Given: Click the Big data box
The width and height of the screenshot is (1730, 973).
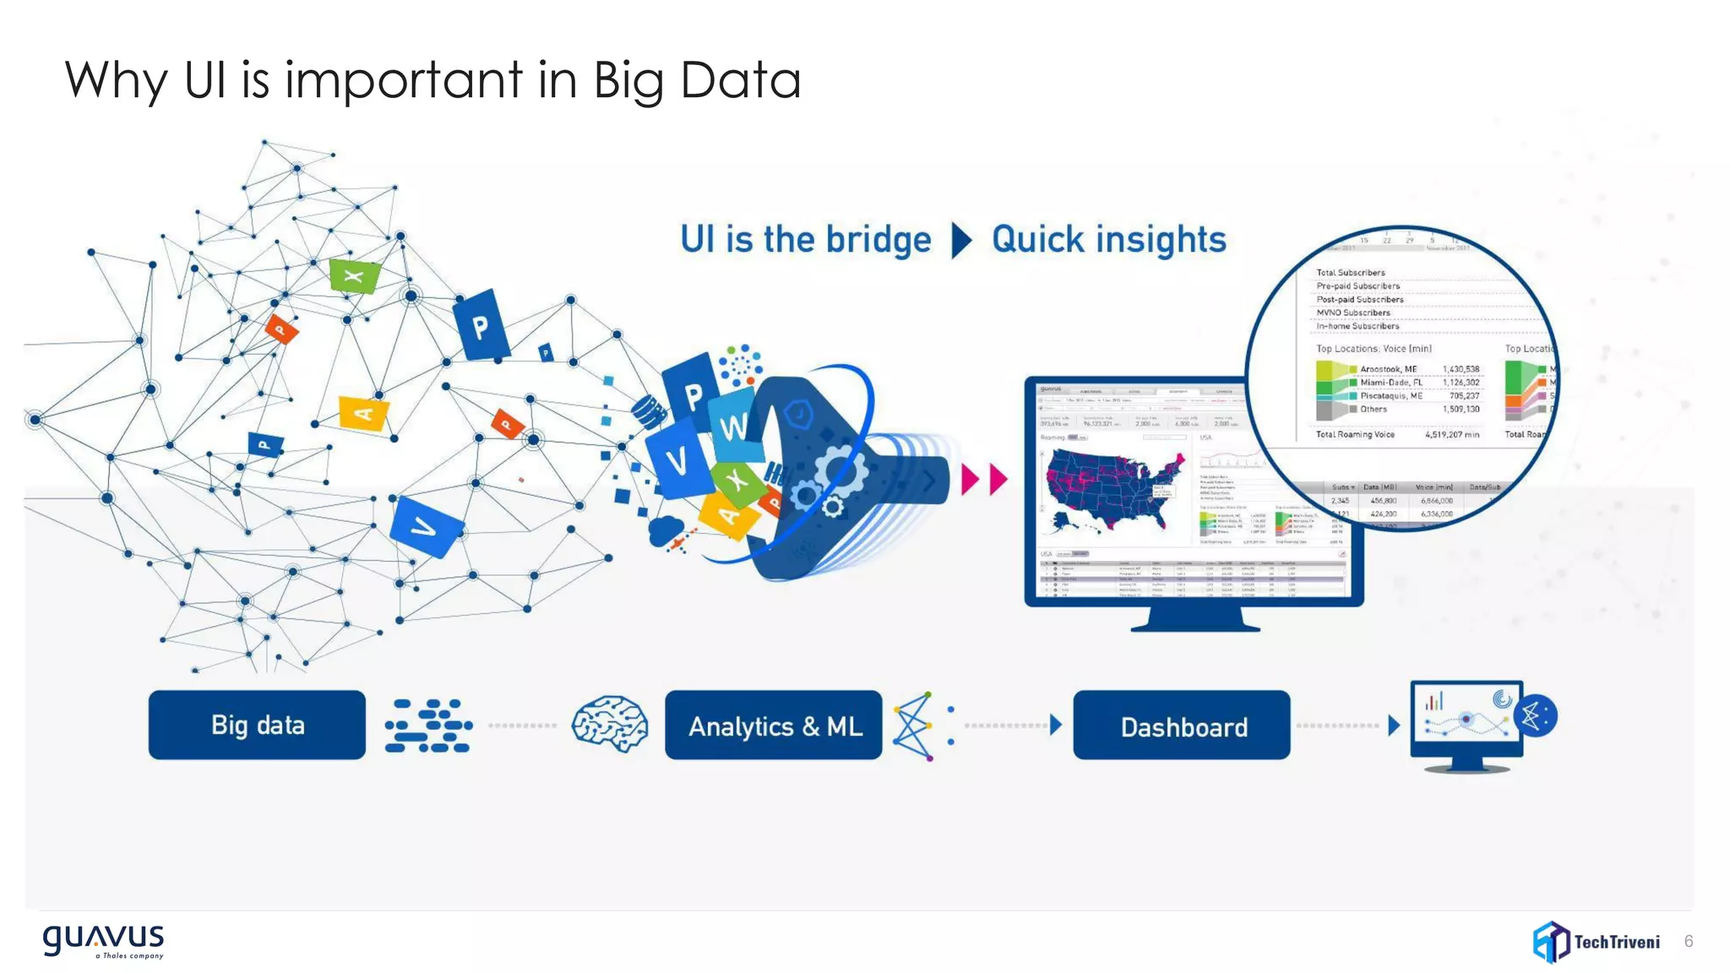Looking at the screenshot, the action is [257, 725].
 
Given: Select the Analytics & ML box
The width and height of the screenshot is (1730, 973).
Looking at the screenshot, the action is [773, 726].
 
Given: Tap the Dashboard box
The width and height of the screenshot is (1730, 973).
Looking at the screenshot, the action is [1182, 726].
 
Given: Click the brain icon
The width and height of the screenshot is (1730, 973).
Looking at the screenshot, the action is [609, 723].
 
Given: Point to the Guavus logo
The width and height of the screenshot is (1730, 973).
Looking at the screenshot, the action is [103, 939].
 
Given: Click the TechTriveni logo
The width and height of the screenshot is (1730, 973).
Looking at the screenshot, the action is [1596, 941].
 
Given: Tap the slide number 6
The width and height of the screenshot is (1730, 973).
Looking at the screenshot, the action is [1688, 941].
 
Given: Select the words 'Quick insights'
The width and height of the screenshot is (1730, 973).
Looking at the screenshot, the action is [1108, 240].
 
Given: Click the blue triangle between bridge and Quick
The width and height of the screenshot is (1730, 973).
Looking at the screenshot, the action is [960, 240].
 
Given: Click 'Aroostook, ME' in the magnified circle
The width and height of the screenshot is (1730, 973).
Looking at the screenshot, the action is [1388, 369].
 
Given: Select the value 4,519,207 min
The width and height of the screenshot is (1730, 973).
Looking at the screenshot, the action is [1451, 434].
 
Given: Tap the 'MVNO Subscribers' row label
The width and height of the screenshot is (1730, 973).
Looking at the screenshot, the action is [1352, 313].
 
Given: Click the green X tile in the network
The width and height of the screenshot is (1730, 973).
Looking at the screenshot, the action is [354, 276].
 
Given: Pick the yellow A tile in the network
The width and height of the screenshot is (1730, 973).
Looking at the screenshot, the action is [363, 413].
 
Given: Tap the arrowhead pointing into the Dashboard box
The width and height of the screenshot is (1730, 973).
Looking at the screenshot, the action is [1055, 725].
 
